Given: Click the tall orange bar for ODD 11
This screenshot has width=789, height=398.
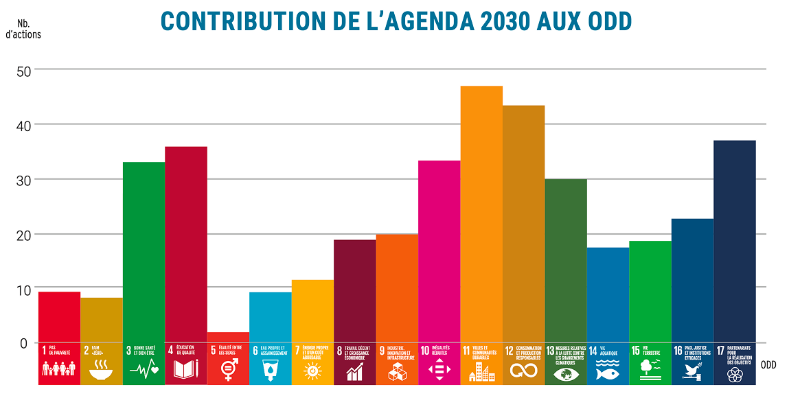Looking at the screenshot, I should pyautogui.click(x=481, y=213).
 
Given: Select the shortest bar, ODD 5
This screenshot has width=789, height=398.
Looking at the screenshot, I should pyautogui.click(x=228, y=337).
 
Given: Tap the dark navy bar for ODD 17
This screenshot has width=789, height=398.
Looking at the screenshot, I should pyautogui.click(x=735, y=240).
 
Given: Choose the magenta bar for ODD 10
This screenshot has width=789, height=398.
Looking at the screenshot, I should pyautogui.click(x=439, y=250).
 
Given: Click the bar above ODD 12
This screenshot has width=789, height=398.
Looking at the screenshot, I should pyautogui.click(x=523, y=223).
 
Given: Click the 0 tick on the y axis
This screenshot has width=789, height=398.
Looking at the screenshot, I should pyautogui.click(x=23, y=343).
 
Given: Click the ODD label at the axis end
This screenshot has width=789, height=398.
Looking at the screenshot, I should pyautogui.click(x=768, y=365).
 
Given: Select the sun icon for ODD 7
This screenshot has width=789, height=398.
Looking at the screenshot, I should pyautogui.click(x=312, y=371).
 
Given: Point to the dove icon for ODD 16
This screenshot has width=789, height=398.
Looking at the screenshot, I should pyautogui.click(x=691, y=371).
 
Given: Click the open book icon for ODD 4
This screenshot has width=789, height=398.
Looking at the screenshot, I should pyautogui.click(x=185, y=371).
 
